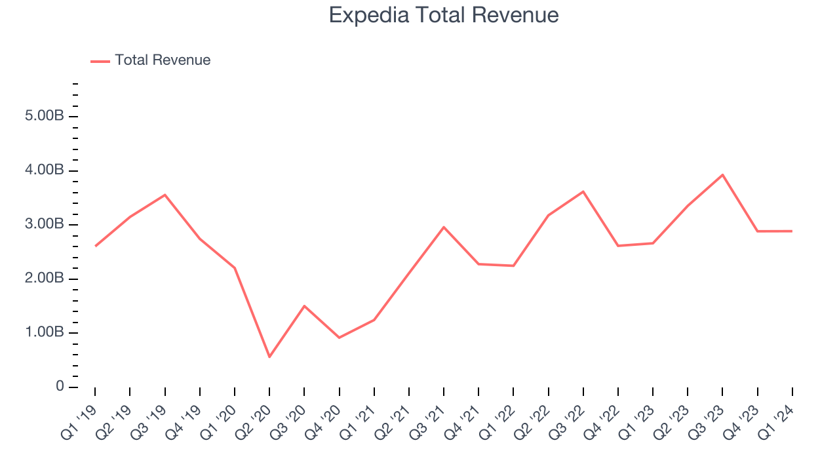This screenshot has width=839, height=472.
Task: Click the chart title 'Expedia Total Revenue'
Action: (444, 15)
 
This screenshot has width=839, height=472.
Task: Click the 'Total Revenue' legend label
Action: (163, 60)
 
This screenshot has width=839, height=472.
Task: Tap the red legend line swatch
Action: (100, 61)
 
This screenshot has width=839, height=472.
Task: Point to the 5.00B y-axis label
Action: (45, 117)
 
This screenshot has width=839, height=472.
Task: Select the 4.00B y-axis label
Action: (45, 170)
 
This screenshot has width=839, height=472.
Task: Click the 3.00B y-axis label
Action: (45, 225)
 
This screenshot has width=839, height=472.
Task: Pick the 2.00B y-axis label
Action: (45, 279)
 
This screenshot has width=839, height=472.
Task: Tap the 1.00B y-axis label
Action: (45, 333)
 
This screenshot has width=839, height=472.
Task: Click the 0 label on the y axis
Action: (60, 387)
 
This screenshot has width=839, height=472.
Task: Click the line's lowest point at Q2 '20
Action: (269, 357)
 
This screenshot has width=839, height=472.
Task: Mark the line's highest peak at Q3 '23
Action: (722, 175)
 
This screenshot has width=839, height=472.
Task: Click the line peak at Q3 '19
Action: (165, 195)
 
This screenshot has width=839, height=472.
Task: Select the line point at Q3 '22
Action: (583, 191)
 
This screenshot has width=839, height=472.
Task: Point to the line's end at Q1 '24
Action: (792, 231)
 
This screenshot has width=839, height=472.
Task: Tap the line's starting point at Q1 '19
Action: (95, 246)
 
